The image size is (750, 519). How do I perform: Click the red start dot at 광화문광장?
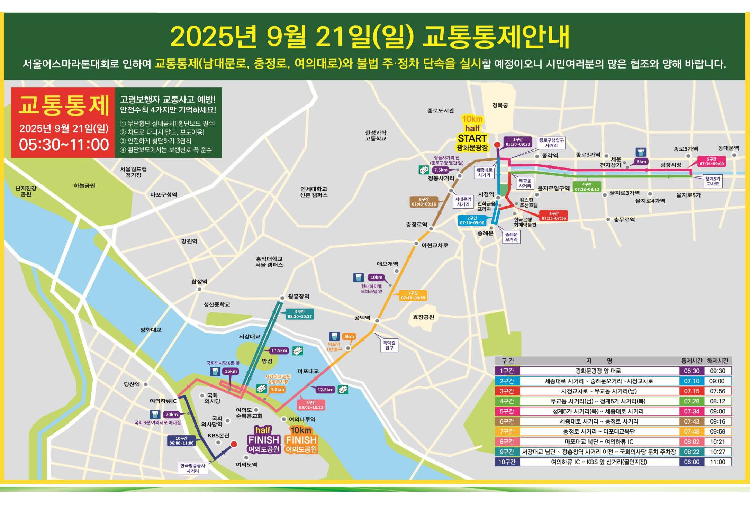tap(497, 145)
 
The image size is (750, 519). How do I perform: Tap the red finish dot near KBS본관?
tap(234, 444)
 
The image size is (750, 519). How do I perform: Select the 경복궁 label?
tap(500, 105)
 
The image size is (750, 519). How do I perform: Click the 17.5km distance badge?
tap(279, 350)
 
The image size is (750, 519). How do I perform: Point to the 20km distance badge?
tap(171, 415)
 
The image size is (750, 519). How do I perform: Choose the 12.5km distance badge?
tap(325, 390)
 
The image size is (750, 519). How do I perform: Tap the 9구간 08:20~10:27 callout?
tap(300, 314)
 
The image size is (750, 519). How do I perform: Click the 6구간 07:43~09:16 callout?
tap(424, 202)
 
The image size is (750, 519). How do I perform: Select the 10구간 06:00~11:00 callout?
tap(181, 441)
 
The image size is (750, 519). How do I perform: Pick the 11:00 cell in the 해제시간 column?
tap(717, 462)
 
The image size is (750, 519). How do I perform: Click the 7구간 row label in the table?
tap(507, 431)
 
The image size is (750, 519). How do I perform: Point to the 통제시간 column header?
tap(692, 361)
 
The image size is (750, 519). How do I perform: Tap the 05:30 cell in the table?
tap(692, 371)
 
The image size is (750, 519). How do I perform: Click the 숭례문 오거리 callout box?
tap(511, 237)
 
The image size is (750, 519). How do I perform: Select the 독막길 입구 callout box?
tap(389, 345)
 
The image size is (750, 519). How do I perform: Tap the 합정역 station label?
tap(199, 282)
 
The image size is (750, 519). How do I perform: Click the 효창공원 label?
tap(423, 317)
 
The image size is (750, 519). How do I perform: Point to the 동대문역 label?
tap(729, 148)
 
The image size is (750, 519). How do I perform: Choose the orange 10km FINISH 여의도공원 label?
tap(301, 440)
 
